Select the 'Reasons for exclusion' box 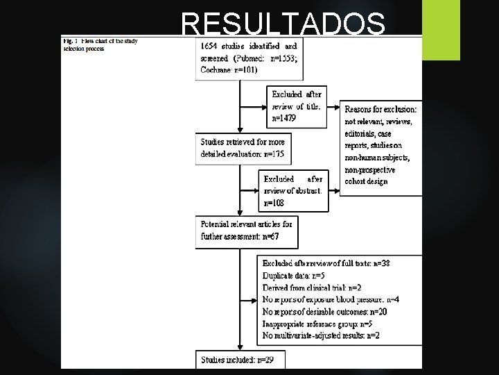coord(380,145)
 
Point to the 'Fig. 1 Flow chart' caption coord(100,44)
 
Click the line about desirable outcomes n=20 coord(325,312)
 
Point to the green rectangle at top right coord(436,19)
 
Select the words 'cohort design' coord(367,182)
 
